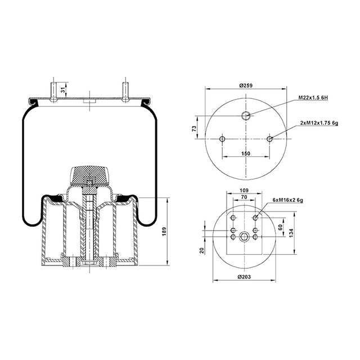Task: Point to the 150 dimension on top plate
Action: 245,153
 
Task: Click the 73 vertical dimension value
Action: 195,128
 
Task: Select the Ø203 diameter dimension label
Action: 244,277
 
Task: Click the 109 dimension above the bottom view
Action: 244,191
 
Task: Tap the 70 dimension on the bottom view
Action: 244,198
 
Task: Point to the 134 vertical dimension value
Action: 291,233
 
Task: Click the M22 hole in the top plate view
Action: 246,116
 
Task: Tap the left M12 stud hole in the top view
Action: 222,139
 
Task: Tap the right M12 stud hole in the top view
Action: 270,139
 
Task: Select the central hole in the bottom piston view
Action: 244,237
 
